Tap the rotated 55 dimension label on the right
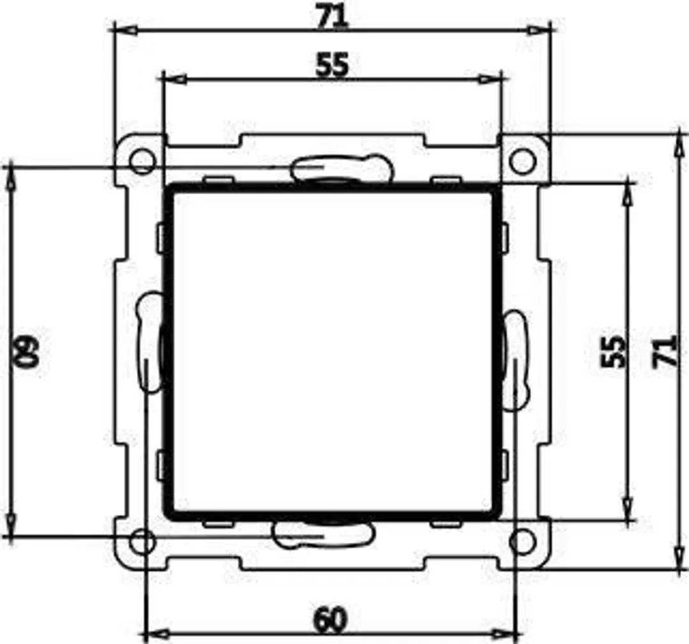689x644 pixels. tap(613, 351)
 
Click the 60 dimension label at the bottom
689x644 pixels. tap(331, 620)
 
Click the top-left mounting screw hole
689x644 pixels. tap(141, 161)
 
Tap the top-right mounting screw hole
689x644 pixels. tap(522, 161)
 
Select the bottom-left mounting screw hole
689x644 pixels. tap(141, 543)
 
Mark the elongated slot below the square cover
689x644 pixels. tap(322, 534)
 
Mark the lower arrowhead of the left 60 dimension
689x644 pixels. tap(11, 527)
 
